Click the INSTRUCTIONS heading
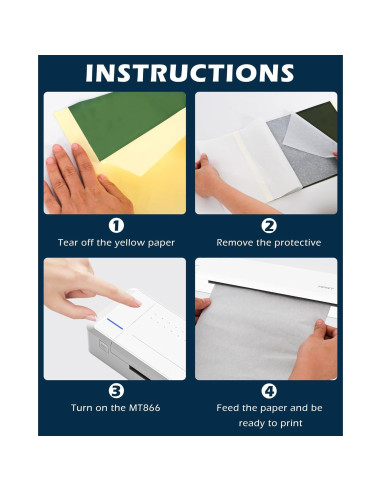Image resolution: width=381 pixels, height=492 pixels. [190, 73]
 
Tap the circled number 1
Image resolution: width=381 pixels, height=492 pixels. [116, 226]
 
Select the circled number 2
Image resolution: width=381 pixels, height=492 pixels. [269, 226]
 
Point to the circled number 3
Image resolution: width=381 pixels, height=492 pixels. [116, 391]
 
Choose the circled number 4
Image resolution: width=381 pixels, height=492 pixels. [269, 391]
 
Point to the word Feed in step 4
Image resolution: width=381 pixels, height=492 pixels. [227, 408]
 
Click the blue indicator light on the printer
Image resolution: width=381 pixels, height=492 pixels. [115, 324]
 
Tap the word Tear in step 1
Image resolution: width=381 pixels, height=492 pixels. [68, 242]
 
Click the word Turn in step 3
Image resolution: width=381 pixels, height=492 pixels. [82, 408]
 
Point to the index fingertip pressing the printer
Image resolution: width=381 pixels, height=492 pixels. [136, 303]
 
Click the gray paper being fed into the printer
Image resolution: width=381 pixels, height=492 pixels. [263, 332]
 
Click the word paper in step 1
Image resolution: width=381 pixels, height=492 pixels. [161, 243]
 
